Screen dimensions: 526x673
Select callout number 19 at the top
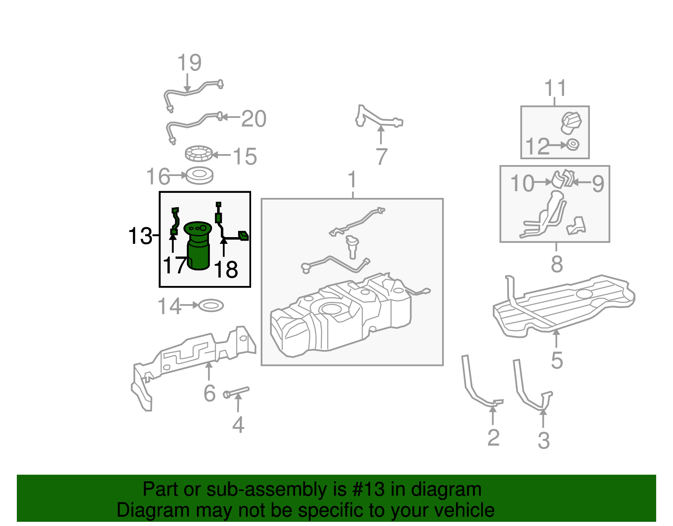click(189, 63)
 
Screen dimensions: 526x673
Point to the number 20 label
click(254, 119)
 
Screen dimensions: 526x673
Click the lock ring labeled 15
click(199, 154)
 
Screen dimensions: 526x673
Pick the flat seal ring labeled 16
click(199, 176)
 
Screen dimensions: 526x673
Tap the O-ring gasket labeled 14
click(211, 306)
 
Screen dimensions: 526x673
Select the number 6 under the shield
click(209, 394)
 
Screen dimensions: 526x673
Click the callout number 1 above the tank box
click(352, 180)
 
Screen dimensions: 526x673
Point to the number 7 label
click(381, 157)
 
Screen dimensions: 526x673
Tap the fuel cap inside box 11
click(571, 122)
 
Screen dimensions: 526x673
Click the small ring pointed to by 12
click(572, 144)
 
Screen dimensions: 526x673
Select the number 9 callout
click(598, 184)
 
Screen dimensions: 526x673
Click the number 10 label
click(522, 183)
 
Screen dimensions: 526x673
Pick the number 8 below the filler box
click(556, 264)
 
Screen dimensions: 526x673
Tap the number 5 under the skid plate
click(556, 360)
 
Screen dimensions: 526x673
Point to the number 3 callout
click(543, 441)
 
